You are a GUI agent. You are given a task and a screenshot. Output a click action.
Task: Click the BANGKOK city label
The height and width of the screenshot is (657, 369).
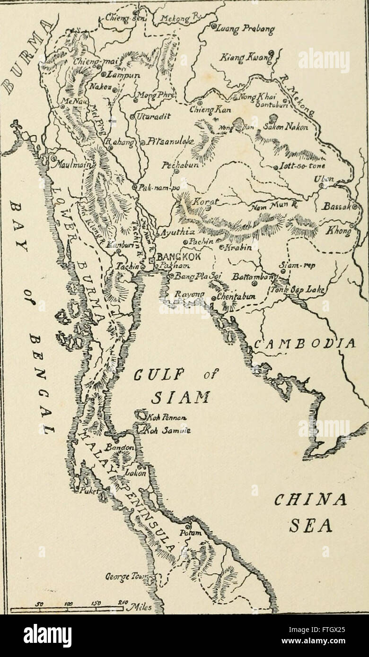(x=178, y=257)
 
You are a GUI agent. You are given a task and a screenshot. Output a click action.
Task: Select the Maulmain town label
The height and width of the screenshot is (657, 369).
(x=71, y=166)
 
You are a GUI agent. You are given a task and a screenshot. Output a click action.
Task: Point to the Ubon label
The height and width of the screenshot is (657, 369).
(x=324, y=178)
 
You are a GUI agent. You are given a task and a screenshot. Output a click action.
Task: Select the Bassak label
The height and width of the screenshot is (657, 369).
(x=336, y=207)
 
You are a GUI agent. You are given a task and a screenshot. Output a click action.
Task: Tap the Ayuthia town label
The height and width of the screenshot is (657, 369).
(x=175, y=233)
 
